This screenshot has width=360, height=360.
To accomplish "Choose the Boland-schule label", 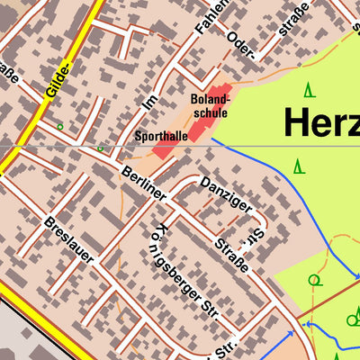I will [210, 106].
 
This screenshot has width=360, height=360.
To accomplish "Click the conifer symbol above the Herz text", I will [309, 89].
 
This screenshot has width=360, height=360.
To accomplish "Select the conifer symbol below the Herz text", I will [299, 166].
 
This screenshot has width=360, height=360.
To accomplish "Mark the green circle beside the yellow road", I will [60, 127].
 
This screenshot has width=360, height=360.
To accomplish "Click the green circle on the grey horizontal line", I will [101, 147].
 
